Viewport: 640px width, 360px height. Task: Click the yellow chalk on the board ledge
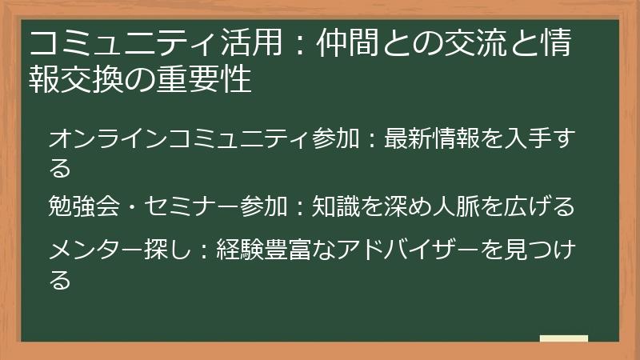pyautogui.click(x=563, y=339)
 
